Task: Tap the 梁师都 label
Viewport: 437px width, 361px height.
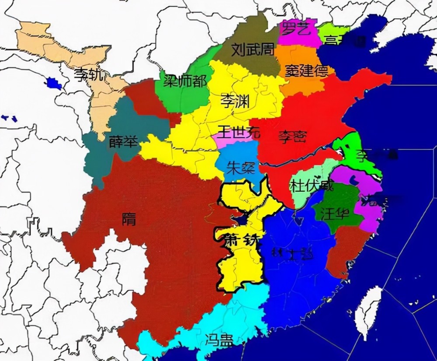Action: coord(185,81)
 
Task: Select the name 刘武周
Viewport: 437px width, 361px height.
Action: coord(252,49)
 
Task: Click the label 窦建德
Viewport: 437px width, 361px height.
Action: coord(307,70)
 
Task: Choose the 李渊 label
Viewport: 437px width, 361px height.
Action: coord(235,101)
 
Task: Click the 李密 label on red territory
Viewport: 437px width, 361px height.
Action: coord(292,137)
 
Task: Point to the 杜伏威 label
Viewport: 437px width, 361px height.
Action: coord(311,186)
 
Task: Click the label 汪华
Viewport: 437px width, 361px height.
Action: coord(335,214)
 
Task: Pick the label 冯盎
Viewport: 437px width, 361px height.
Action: coord(219,339)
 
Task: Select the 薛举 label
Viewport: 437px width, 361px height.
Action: coord(123,142)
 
